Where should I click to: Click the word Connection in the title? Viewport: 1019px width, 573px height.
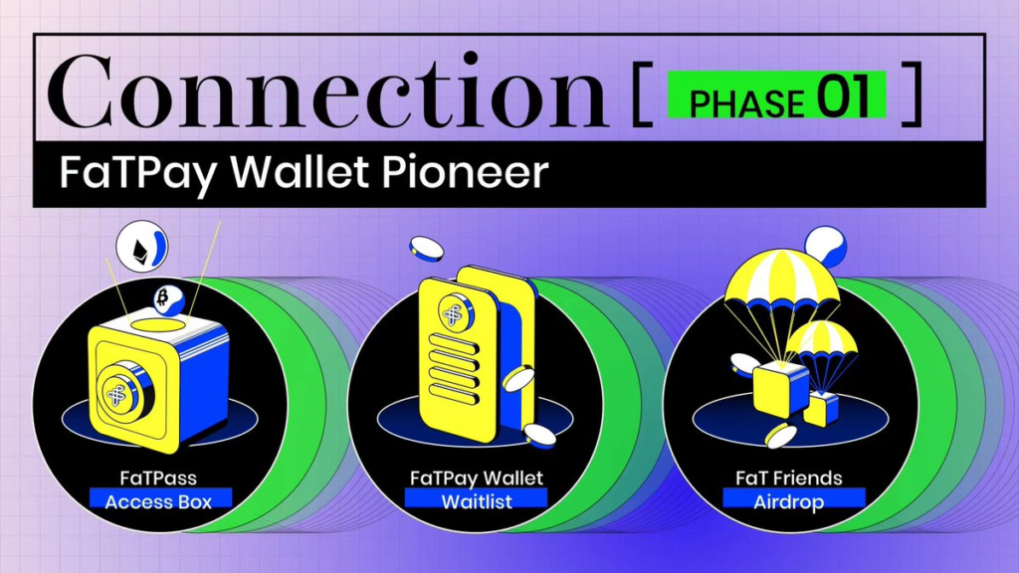point(327,91)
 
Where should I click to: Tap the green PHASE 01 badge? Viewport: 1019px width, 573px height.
point(776,95)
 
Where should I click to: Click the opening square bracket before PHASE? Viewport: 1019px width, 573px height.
point(642,93)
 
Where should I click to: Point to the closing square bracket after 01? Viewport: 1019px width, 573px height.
point(912,93)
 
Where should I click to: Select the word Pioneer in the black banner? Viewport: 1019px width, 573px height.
point(465,172)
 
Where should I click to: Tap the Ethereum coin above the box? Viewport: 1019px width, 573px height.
point(141,247)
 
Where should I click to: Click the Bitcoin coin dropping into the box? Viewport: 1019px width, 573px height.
point(168,299)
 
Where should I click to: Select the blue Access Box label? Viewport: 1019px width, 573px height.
point(160,501)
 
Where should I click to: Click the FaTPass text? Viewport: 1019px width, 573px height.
point(158,477)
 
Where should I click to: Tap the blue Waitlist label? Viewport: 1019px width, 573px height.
point(477,501)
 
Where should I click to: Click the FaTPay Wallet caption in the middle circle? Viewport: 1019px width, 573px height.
point(477,477)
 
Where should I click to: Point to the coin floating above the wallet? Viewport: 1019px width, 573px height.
point(426,249)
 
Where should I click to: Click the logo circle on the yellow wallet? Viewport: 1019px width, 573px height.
point(456,312)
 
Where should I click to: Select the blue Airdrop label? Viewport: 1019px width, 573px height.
point(794,501)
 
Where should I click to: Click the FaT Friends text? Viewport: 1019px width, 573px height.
point(789,477)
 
